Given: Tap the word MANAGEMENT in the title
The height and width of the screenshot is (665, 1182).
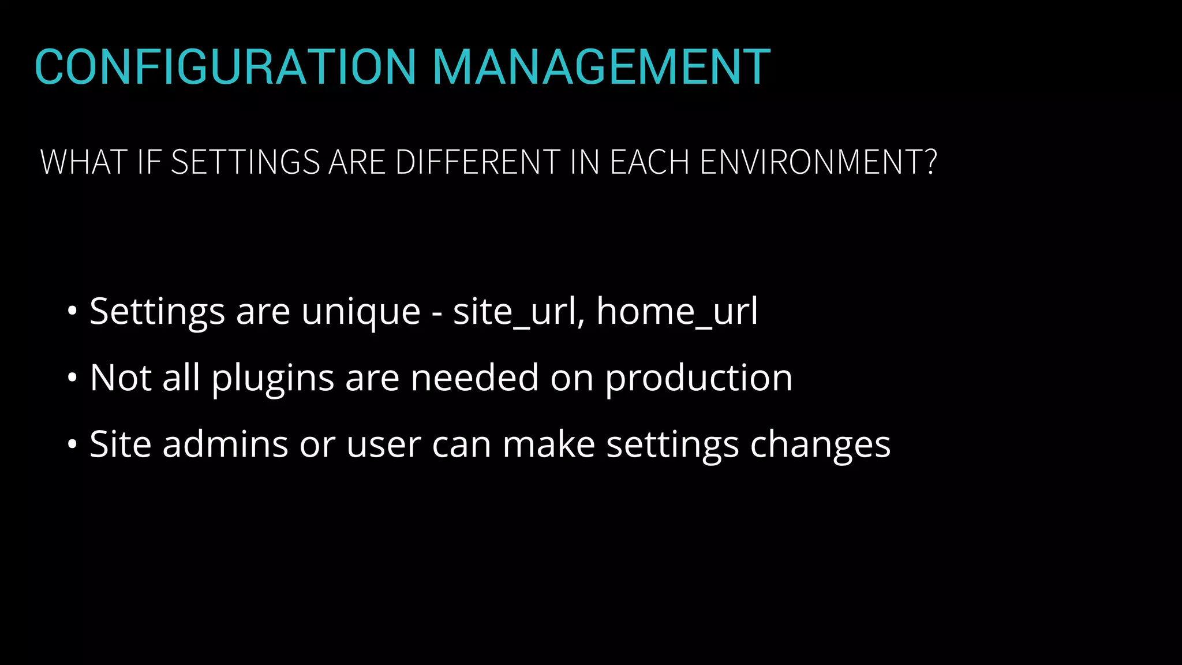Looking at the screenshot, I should click(601, 67).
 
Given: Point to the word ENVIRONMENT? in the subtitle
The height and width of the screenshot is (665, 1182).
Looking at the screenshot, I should click(818, 162).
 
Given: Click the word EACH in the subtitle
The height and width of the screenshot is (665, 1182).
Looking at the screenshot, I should click(649, 162).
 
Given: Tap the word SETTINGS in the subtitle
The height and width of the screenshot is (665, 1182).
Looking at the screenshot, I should click(245, 162).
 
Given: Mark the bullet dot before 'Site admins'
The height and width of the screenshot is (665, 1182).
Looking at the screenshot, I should click(72, 445).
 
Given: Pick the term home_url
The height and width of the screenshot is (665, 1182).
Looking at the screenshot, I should click(676, 312).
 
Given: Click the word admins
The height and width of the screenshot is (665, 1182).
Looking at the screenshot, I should click(225, 444).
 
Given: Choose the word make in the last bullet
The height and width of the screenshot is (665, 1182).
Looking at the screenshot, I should click(548, 444).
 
